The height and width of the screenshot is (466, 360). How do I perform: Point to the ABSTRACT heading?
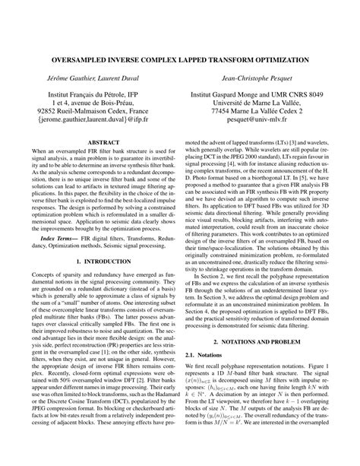[x=99, y=142]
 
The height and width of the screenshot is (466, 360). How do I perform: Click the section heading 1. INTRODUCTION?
[x=99, y=261]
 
